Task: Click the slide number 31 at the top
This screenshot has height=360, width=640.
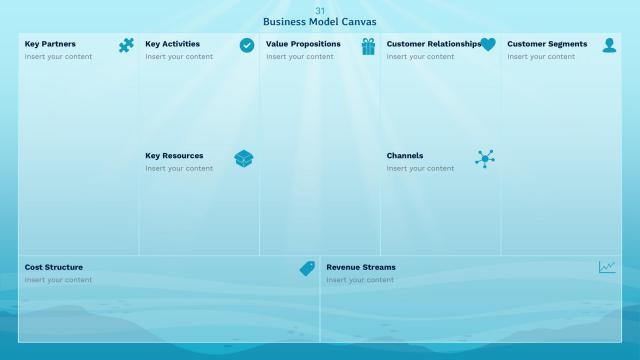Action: tap(320, 11)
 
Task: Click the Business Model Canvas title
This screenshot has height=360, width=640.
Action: tap(320, 22)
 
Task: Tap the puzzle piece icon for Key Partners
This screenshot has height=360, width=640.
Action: tap(126, 45)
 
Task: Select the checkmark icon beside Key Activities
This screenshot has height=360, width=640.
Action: tap(247, 45)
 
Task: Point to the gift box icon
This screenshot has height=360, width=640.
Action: tap(368, 46)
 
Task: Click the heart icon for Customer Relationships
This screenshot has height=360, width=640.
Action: tap(488, 45)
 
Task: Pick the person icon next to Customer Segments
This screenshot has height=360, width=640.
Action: tap(609, 45)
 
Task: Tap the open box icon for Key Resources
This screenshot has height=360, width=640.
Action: tap(244, 158)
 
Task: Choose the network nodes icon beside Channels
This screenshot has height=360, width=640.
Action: tap(485, 158)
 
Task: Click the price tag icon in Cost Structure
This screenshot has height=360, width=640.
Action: tap(307, 268)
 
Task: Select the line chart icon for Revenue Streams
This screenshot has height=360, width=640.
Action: tap(607, 267)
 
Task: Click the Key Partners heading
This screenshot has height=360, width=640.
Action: tap(50, 44)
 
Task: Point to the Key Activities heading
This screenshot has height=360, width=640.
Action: tap(172, 44)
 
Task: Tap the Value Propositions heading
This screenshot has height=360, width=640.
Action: tap(303, 44)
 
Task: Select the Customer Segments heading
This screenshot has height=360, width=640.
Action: tap(547, 44)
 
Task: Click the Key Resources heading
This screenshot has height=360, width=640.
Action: tap(174, 156)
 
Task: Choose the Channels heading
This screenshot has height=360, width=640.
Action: tap(405, 156)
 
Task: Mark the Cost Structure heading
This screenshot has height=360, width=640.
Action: tap(54, 267)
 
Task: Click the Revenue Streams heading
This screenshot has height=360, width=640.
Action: tap(361, 267)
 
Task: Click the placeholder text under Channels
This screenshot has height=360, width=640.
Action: tap(420, 168)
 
